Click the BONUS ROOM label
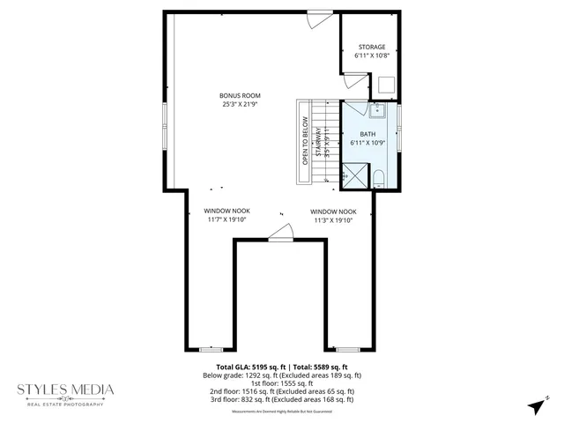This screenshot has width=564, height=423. (241, 96)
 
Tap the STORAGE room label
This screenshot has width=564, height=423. (371, 47)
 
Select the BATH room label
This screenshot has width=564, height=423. (367, 134)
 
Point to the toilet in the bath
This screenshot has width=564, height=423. (379, 179)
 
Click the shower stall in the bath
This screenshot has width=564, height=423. (355, 174)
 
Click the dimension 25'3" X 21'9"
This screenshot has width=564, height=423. (241, 105)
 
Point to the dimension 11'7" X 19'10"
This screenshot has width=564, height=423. (227, 220)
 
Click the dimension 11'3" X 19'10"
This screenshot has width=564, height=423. (333, 220)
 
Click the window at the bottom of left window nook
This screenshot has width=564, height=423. (211, 349)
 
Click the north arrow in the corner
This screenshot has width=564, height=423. (533, 406)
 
